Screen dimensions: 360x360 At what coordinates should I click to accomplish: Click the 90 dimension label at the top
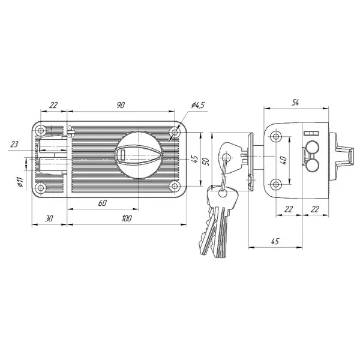pos(121,105)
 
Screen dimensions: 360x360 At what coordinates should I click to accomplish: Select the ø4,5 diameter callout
pos(197,105)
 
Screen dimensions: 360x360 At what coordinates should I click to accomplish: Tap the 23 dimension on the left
pos(14,144)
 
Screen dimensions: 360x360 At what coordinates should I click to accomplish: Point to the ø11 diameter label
pos(20,182)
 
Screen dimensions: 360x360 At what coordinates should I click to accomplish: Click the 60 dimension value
pos(103,203)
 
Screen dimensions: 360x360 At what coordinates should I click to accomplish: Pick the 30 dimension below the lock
pos(49,218)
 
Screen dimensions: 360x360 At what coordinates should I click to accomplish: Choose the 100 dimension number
pos(127,218)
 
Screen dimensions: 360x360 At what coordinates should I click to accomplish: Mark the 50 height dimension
pos(206,161)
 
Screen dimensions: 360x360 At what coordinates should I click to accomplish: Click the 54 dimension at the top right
pos(295,103)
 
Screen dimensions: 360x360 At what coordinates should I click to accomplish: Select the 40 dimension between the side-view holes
pos(284,160)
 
